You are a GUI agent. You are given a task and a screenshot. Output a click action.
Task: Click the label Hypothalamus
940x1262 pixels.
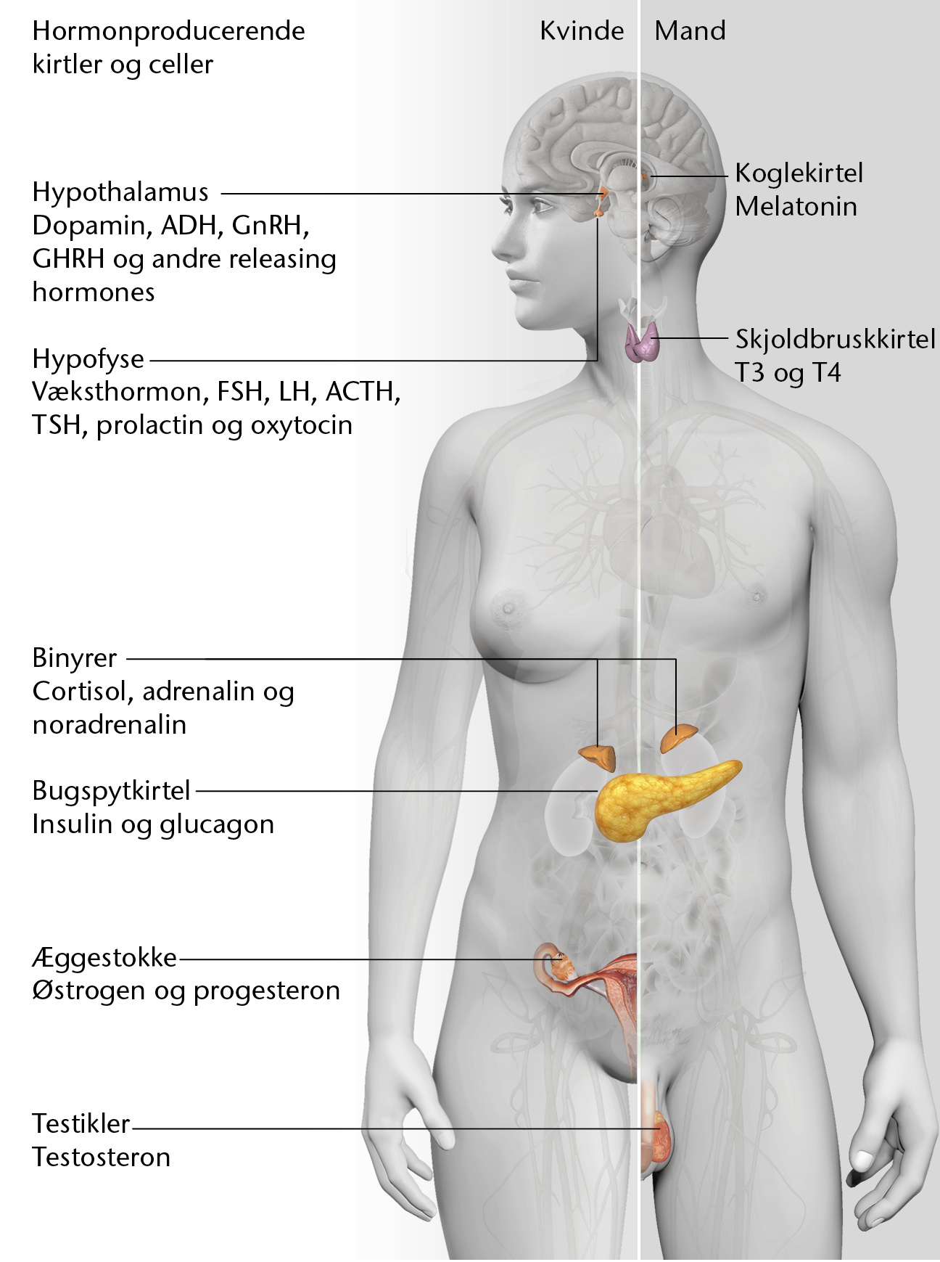[x=120, y=192]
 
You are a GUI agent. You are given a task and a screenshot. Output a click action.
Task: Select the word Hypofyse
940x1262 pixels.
[x=88, y=359]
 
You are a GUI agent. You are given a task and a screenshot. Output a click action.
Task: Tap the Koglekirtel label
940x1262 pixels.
[x=799, y=173]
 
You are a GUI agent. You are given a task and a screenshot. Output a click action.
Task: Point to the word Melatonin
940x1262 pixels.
[x=796, y=207]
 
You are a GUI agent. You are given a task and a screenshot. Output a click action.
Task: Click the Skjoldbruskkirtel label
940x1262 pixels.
[x=836, y=340]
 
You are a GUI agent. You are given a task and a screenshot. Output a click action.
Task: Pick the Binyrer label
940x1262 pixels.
[x=75, y=658]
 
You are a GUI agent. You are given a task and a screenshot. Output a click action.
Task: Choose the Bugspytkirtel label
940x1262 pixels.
[x=112, y=791]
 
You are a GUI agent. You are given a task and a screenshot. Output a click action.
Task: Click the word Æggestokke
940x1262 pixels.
[x=104, y=958]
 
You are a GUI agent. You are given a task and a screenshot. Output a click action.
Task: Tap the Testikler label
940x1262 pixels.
[x=81, y=1123]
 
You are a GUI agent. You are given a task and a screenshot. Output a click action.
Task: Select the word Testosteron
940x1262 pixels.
[x=102, y=1157]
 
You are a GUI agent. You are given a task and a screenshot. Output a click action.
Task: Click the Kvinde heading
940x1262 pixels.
[x=582, y=30]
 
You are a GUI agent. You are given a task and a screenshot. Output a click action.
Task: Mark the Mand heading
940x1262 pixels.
[x=690, y=30]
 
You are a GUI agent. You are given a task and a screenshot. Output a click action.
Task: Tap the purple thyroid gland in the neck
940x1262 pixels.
[x=642, y=343]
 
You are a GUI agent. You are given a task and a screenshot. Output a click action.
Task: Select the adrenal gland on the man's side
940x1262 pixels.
[x=678, y=737]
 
